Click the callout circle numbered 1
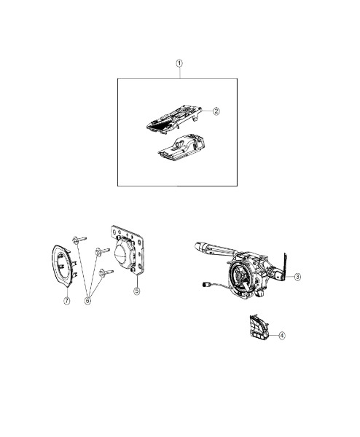[x=179, y=63]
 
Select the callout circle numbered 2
[x=216, y=111]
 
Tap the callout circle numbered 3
[x=298, y=277]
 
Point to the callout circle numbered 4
[x=282, y=336]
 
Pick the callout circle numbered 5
[x=136, y=291]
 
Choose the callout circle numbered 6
[x=87, y=301]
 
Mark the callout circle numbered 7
[x=67, y=301]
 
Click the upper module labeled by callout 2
[x=174, y=119]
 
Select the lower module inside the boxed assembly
[x=181, y=148]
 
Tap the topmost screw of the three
[x=79, y=240]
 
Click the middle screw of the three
[x=102, y=251]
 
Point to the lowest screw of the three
[x=106, y=272]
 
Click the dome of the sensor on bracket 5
[x=123, y=253]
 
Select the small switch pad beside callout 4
[x=258, y=328]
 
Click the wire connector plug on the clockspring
[x=206, y=285]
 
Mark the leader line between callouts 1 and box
[x=179, y=72]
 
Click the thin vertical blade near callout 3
[x=285, y=266]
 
